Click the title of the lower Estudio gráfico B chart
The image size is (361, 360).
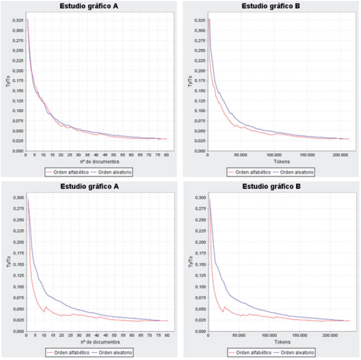pos(270,187)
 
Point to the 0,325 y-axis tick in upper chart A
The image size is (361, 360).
pos(16,20)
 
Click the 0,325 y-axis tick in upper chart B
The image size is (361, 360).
pos(198,20)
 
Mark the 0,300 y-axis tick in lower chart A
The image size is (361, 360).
pos(16,198)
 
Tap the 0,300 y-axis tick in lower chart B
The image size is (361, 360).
pos(198,198)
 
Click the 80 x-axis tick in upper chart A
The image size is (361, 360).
pos(166,155)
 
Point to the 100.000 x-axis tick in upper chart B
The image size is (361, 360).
pos(274,155)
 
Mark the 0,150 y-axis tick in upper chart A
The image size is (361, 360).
pos(16,91)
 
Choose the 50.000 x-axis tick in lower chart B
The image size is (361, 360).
pos(238,335)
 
